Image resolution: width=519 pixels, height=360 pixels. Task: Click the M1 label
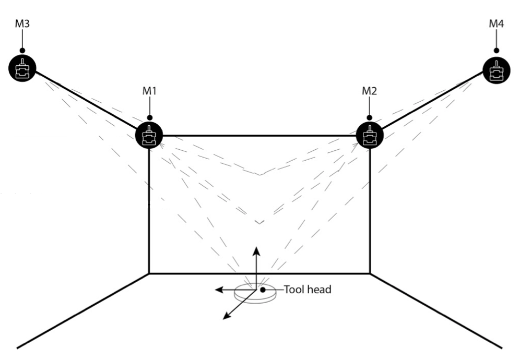[x=150, y=90]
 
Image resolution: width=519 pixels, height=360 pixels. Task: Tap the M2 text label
[x=370, y=90]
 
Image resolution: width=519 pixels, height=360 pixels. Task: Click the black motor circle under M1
[x=149, y=136]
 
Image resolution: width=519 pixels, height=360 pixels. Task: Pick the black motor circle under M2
[x=370, y=136]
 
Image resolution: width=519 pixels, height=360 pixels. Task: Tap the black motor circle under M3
[x=22, y=68]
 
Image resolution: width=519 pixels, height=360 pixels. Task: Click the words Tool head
[x=307, y=289]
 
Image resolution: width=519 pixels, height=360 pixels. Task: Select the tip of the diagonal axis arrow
[x=224, y=318]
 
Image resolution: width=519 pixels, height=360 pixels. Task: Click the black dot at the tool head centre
[x=264, y=289]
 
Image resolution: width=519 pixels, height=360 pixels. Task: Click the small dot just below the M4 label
[x=496, y=51]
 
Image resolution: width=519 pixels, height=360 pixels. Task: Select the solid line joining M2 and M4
[x=433, y=102]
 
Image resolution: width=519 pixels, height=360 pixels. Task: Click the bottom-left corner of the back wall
[x=150, y=273]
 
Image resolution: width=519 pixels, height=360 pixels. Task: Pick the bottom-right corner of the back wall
[x=370, y=273]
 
